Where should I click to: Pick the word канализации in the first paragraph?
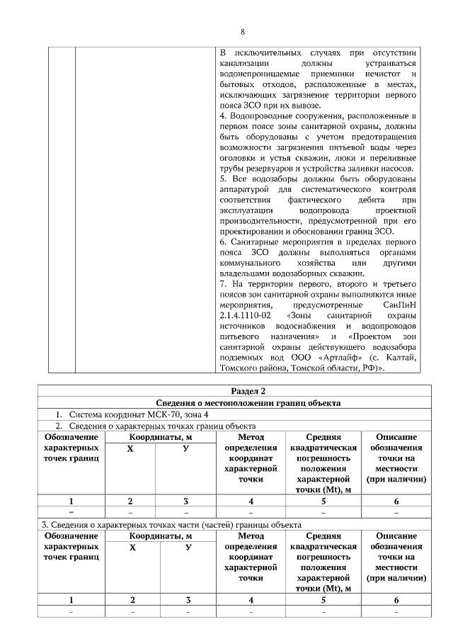click(246, 64)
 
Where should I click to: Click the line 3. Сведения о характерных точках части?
click(170, 525)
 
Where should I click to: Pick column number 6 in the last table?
click(396, 600)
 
